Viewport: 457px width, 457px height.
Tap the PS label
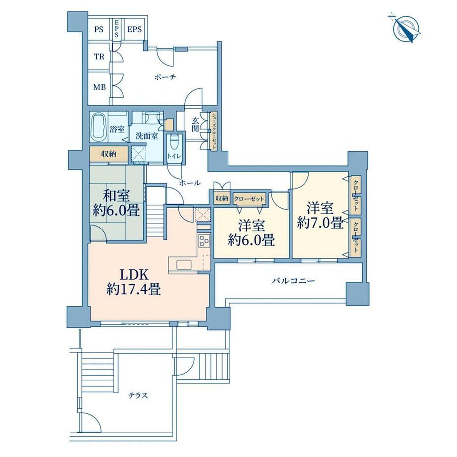[99, 29]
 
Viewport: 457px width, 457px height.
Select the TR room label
[99, 57]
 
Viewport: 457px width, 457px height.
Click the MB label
[99, 87]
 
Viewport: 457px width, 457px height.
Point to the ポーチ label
[165, 77]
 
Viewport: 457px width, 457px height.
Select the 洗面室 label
[147, 136]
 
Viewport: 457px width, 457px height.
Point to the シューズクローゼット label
[214, 131]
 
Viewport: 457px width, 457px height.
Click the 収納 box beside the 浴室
[109, 154]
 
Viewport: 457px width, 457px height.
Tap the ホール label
[190, 183]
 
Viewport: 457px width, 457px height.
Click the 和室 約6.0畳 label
[116, 203]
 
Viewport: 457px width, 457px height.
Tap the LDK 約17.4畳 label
[134, 282]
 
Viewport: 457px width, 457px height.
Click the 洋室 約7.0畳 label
[320, 215]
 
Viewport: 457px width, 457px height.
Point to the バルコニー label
[293, 281]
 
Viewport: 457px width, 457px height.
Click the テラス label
[138, 396]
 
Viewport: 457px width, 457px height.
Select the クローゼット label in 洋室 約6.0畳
[249, 199]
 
